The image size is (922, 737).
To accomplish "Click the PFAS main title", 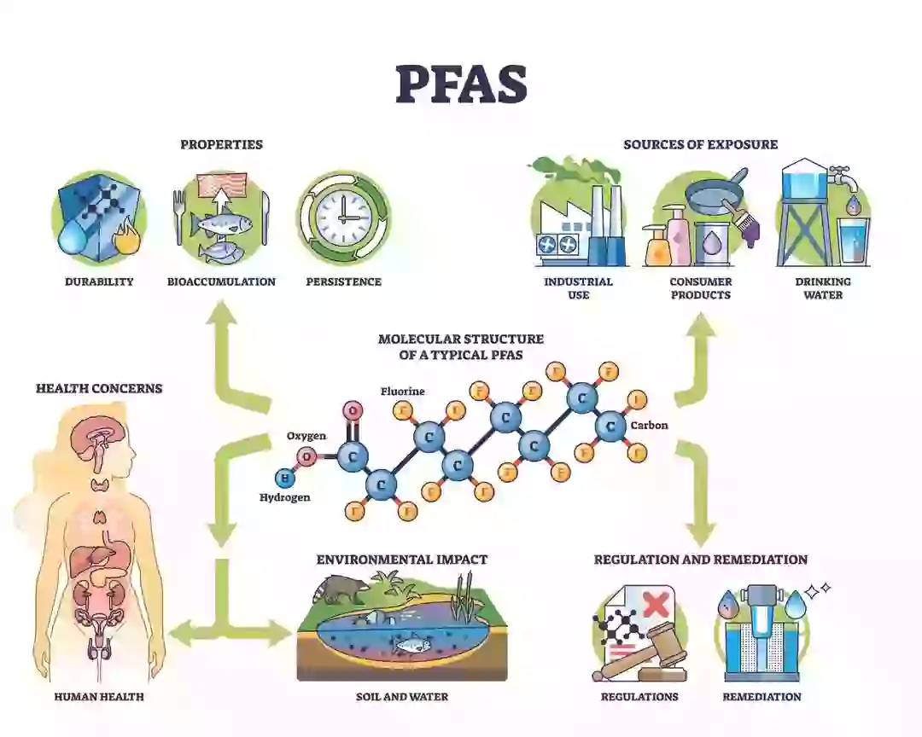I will tap(461, 84).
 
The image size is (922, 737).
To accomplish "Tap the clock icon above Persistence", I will tap(343, 217).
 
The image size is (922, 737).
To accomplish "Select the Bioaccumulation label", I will tap(221, 281).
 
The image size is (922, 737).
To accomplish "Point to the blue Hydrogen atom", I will tap(284, 478).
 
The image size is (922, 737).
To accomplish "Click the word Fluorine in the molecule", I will tap(403, 392).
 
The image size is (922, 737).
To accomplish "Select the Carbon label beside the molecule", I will tap(650, 425).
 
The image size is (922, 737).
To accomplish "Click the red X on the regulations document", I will tap(655, 605).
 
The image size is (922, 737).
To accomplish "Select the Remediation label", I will tap(762, 697).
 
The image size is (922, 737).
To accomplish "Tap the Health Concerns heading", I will tap(99, 388).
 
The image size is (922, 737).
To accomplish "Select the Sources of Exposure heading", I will tap(700, 144).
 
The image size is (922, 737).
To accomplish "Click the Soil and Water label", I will tap(401, 697).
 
